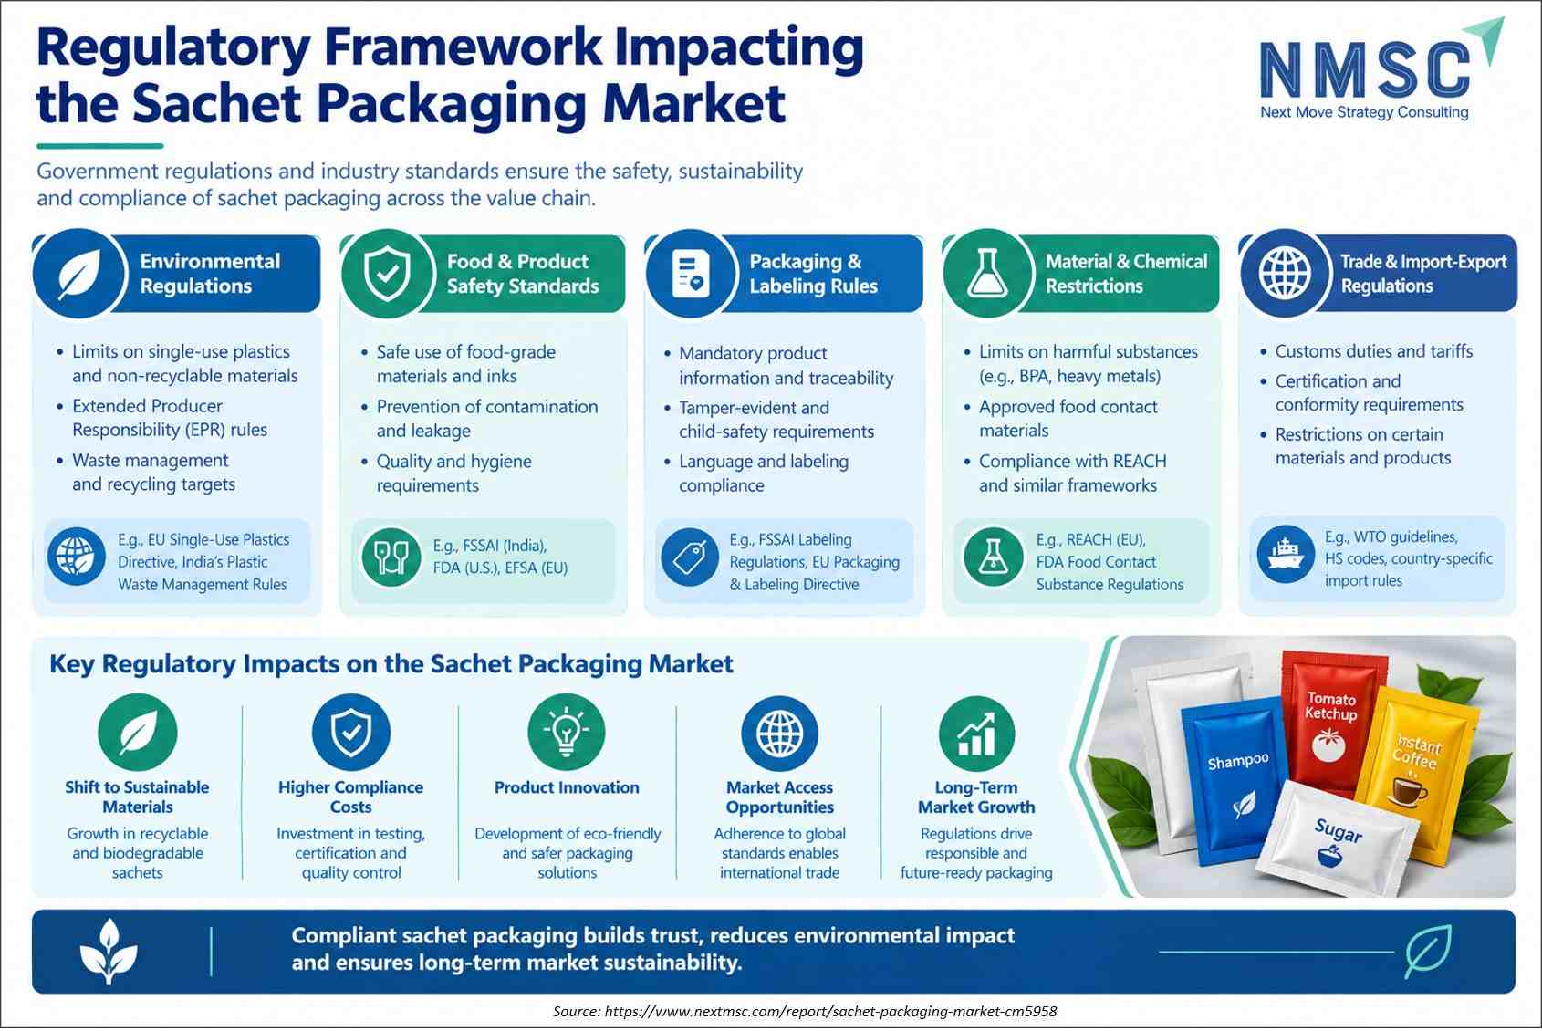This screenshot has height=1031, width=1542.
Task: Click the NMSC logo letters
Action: pyautogui.click(x=1364, y=68)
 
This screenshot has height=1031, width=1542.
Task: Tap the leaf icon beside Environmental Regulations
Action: pyautogui.click(x=79, y=273)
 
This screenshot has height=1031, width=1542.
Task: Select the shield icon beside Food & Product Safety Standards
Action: pyautogui.click(x=388, y=273)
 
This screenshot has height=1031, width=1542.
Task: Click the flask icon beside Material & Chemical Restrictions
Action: pyautogui.click(x=988, y=273)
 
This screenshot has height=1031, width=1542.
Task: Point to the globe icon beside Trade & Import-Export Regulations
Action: pyautogui.click(x=1285, y=273)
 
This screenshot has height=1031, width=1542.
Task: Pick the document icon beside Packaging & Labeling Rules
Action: pyautogui.click(x=691, y=273)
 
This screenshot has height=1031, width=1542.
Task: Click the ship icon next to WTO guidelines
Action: pyautogui.click(x=1286, y=554)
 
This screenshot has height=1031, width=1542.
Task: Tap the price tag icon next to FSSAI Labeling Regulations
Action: pyautogui.click(x=690, y=557)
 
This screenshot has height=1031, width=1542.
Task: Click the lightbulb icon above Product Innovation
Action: pyautogui.click(x=566, y=733)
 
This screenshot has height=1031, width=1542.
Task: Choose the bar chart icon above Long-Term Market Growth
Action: pyautogui.click(x=976, y=734)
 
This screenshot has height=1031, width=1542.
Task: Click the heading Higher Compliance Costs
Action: pyautogui.click(x=350, y=797)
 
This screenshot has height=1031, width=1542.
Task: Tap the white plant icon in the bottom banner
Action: pyautogui.click(x=108, y=952)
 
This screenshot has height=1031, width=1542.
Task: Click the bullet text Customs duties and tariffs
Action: pyautogui.click(x=1374, y=351)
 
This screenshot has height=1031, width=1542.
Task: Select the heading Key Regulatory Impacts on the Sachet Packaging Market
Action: pyautogui.click(x=391, y=664)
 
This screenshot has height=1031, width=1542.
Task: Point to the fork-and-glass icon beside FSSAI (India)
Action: pyautogui.click(x=391, y=557)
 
